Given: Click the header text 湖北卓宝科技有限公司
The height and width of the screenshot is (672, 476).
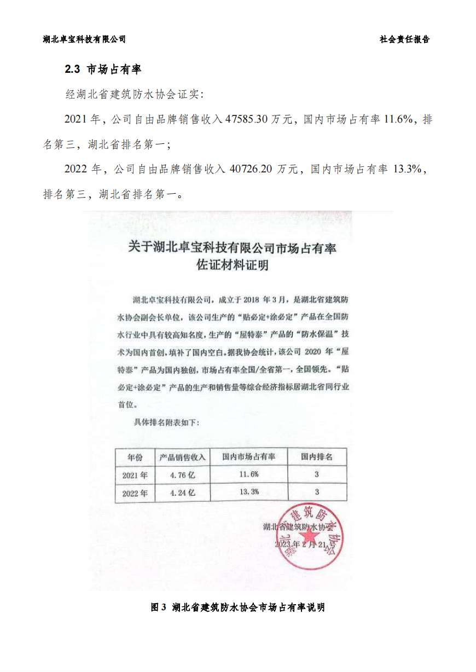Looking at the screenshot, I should [x=84, y=39].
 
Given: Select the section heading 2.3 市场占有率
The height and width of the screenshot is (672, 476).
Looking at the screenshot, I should [x=103, y=69].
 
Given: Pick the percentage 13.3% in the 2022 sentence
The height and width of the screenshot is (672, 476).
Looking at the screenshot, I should [x=409, y=170].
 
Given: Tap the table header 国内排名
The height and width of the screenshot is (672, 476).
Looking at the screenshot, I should [x=317, y=456].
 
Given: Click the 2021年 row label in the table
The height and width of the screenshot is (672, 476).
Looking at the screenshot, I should [x=135, y=474].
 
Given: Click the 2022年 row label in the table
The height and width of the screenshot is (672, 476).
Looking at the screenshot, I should [x=135, y=493].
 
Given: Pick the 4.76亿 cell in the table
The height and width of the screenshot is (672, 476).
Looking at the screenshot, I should [x=182, y=474].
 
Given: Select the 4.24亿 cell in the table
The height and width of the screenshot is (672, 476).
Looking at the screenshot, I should [x=182, y=493].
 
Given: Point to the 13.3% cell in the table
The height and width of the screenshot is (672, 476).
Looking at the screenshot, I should [x=249, y=492].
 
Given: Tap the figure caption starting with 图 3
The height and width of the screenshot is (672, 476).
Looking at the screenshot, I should [x=237, y=607].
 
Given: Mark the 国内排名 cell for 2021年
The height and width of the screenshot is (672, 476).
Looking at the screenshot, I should [x=317, y=474].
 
